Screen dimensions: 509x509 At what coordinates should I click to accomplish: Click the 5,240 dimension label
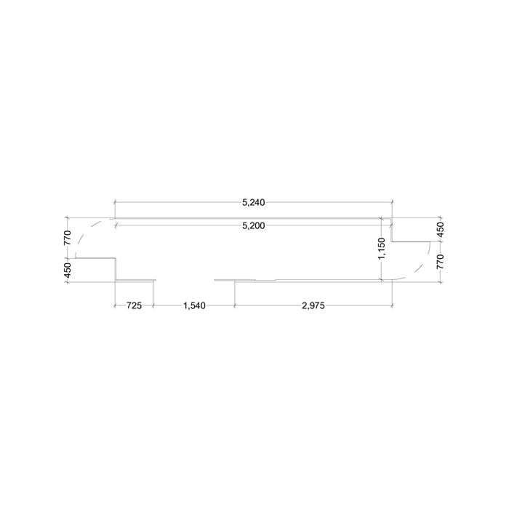click(254, 203)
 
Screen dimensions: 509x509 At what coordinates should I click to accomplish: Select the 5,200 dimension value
click(254, 225)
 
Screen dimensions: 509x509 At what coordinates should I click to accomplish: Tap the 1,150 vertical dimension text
click(382, 249)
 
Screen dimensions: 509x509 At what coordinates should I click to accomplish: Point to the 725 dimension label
click(134, 305)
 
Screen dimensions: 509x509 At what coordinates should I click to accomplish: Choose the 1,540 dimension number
click(194, 305)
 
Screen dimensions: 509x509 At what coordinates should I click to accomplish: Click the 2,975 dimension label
click(313, 305)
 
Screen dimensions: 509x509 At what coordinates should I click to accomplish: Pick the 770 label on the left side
click(67, 238)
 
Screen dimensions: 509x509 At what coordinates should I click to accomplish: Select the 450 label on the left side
click(67, 270)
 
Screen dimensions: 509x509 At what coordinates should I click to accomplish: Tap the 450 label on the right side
click(440, 230)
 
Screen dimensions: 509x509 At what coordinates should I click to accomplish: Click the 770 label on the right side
click(440, 262)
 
